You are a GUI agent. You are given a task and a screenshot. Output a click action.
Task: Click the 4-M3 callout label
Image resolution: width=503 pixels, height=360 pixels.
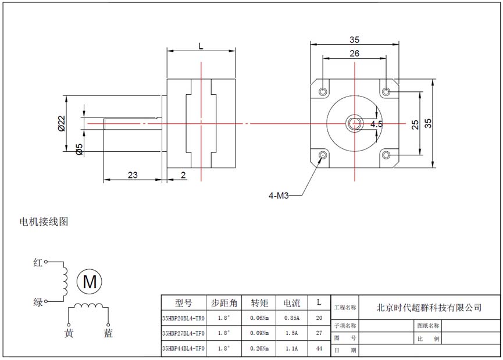tap(279, 196)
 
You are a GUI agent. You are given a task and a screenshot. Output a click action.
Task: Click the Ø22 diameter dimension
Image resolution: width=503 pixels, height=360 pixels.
tap(61, 123)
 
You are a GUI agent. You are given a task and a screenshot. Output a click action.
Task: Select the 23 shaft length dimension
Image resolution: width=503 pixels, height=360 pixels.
tap(132, 174)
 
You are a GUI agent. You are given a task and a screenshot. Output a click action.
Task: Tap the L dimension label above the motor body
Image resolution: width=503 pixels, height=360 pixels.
tap(201, 45)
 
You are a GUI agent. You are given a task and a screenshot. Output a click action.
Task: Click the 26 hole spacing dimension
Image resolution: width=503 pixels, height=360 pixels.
tap(354, 54)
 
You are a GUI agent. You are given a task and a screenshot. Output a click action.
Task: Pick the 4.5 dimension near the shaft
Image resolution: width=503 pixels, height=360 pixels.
tap(376, 124)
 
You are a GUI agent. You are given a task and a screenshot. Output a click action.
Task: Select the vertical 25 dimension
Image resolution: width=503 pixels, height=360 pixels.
tap(415, 124)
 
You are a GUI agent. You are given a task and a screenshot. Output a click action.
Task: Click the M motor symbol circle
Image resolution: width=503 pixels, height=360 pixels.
tap(90, 282)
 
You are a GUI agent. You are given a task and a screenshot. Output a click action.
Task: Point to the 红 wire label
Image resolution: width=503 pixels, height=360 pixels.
tap(38, 263)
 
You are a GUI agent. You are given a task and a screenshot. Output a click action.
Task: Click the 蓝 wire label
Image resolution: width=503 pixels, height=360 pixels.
tap(108, 333)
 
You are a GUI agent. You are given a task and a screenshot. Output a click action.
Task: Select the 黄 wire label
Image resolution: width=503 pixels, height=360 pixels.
tap(69, 333)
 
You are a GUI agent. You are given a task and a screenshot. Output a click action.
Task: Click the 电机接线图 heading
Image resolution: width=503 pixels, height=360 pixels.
tap(44, 222)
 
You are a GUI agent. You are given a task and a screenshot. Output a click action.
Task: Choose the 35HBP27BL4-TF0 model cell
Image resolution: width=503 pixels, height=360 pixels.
tap(183, 334)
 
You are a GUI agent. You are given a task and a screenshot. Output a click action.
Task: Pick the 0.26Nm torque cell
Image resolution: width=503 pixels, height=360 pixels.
tap(259, 349)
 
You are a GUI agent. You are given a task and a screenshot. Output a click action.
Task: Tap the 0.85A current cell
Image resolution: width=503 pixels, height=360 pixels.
tap(291, 318)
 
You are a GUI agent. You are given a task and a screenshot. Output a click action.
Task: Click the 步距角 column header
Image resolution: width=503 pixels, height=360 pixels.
tap(224, 303)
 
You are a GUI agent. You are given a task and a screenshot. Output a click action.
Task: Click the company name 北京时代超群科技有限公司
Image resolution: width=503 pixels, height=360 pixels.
tap(429, 308)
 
